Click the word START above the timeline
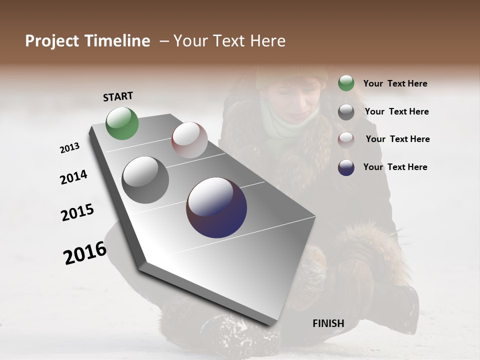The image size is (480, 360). click(118, 96)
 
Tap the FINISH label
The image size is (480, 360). click(328, 323)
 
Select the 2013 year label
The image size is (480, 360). click(69, 148)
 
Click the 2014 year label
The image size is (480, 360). click(73, 177)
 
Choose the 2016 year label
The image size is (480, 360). click(85, 252)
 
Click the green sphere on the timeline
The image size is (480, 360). click(122, 123)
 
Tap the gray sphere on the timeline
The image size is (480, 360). click(145, 180)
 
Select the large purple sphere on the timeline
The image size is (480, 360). click(216, 207)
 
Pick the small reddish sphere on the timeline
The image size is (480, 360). click(189, 140)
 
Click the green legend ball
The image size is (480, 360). click(346, 83)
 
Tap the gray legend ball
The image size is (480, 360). click(346, 112)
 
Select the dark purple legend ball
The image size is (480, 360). click(346, 167)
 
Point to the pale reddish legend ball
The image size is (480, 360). click(346, 139)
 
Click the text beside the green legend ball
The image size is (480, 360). click(395, 83)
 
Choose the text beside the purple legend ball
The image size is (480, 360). click(395, 167)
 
